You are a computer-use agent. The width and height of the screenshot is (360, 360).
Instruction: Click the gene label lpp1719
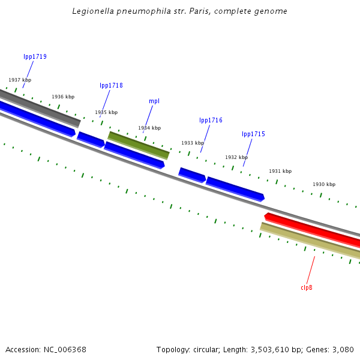(x=35, y=57)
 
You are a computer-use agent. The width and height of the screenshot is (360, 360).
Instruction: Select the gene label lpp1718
(x=111, y=86)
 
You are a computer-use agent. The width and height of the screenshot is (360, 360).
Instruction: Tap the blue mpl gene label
(x=154, y=101)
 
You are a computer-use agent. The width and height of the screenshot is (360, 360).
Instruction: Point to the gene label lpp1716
(x=211, y=121)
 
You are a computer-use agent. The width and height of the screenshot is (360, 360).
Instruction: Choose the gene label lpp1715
(x=253, y=134)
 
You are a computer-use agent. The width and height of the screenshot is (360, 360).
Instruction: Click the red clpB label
(x=307, y=288)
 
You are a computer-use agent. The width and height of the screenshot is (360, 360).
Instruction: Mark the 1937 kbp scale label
(x=20, y=80)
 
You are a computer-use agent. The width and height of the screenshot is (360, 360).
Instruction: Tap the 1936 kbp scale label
(x=63, y=97)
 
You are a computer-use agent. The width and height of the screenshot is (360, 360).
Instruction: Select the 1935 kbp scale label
(x=106, y=112)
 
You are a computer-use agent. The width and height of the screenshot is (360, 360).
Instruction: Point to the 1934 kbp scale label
(x=149, y=128)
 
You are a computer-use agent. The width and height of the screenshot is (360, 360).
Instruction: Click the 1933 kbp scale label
(x=193, y=143)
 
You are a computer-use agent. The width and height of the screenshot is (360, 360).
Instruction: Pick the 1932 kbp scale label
(x=236, y=157)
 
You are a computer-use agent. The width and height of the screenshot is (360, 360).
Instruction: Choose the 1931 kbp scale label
(x=280, y=171)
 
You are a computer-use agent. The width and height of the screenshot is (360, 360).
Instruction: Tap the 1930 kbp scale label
(x=324, y=184)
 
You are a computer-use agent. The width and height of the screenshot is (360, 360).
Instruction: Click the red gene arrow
(x=312, y=229)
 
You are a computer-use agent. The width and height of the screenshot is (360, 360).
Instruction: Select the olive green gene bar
(x=138, y=145)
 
